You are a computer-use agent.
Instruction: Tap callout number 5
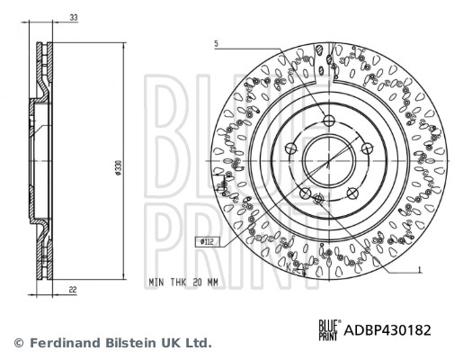[x=217, y=43]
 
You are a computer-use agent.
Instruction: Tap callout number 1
[x=420, y=269]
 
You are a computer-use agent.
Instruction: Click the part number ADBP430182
[x=388, y=330]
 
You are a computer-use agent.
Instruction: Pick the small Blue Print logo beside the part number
[x=330, y=330]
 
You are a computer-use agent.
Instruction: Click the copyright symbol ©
[x=18, y=343]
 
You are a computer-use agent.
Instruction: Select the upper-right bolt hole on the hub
[x=366, y=148]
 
